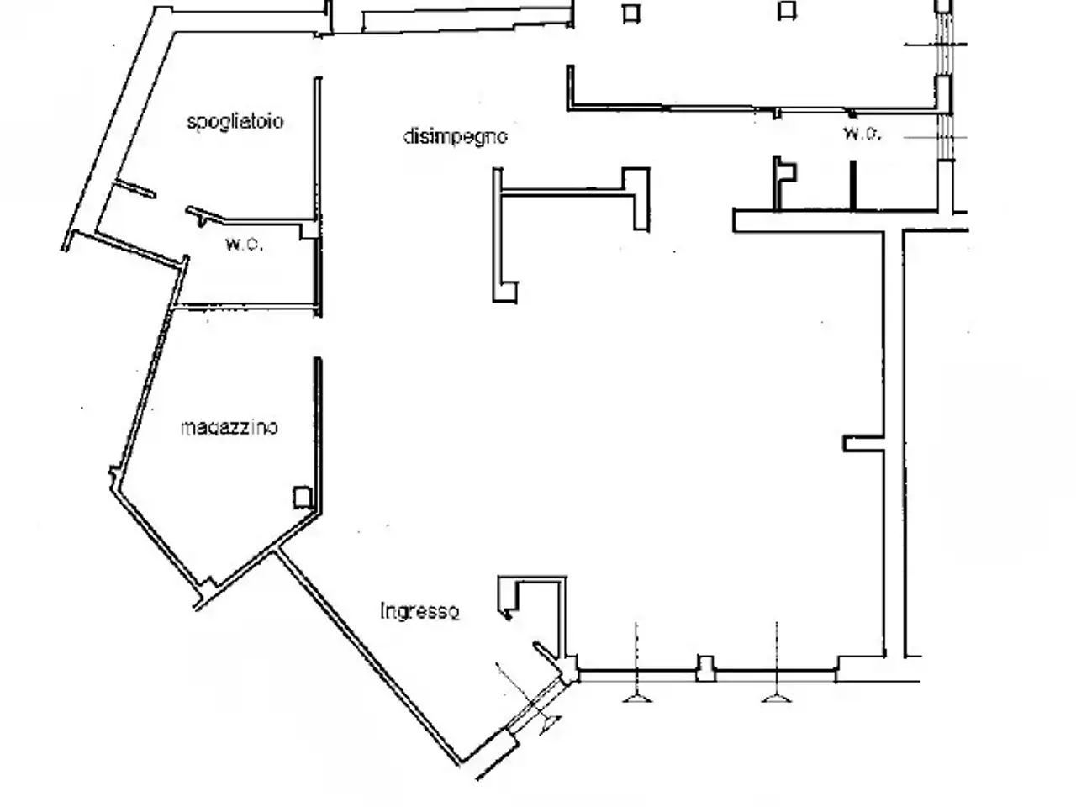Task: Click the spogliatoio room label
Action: (x=235, y=122)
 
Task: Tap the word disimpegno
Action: (x=455, y=136)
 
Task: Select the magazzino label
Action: (x=229, y=428)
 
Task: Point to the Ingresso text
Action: (x=420, y=611)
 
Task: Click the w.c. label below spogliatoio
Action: (x=244, y=244)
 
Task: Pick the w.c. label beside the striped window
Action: (x=862, y=134)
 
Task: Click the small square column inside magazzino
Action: (x=303, y=498)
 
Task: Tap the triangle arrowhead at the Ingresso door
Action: (x=550, y=725)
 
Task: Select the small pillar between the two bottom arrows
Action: (x=705, y=667)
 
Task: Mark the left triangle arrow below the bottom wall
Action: (x=637, y=697)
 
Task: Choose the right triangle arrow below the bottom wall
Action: (x=776, y=697)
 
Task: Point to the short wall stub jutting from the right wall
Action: (x=863, y=444)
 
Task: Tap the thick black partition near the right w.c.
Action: (x=853, y=186)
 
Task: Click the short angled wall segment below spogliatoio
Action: (x=134, y=188)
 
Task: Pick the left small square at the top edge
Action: (x=631, y=13)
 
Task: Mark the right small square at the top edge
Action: (x=787, y=11)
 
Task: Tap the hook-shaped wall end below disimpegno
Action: (x=504, y=292)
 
